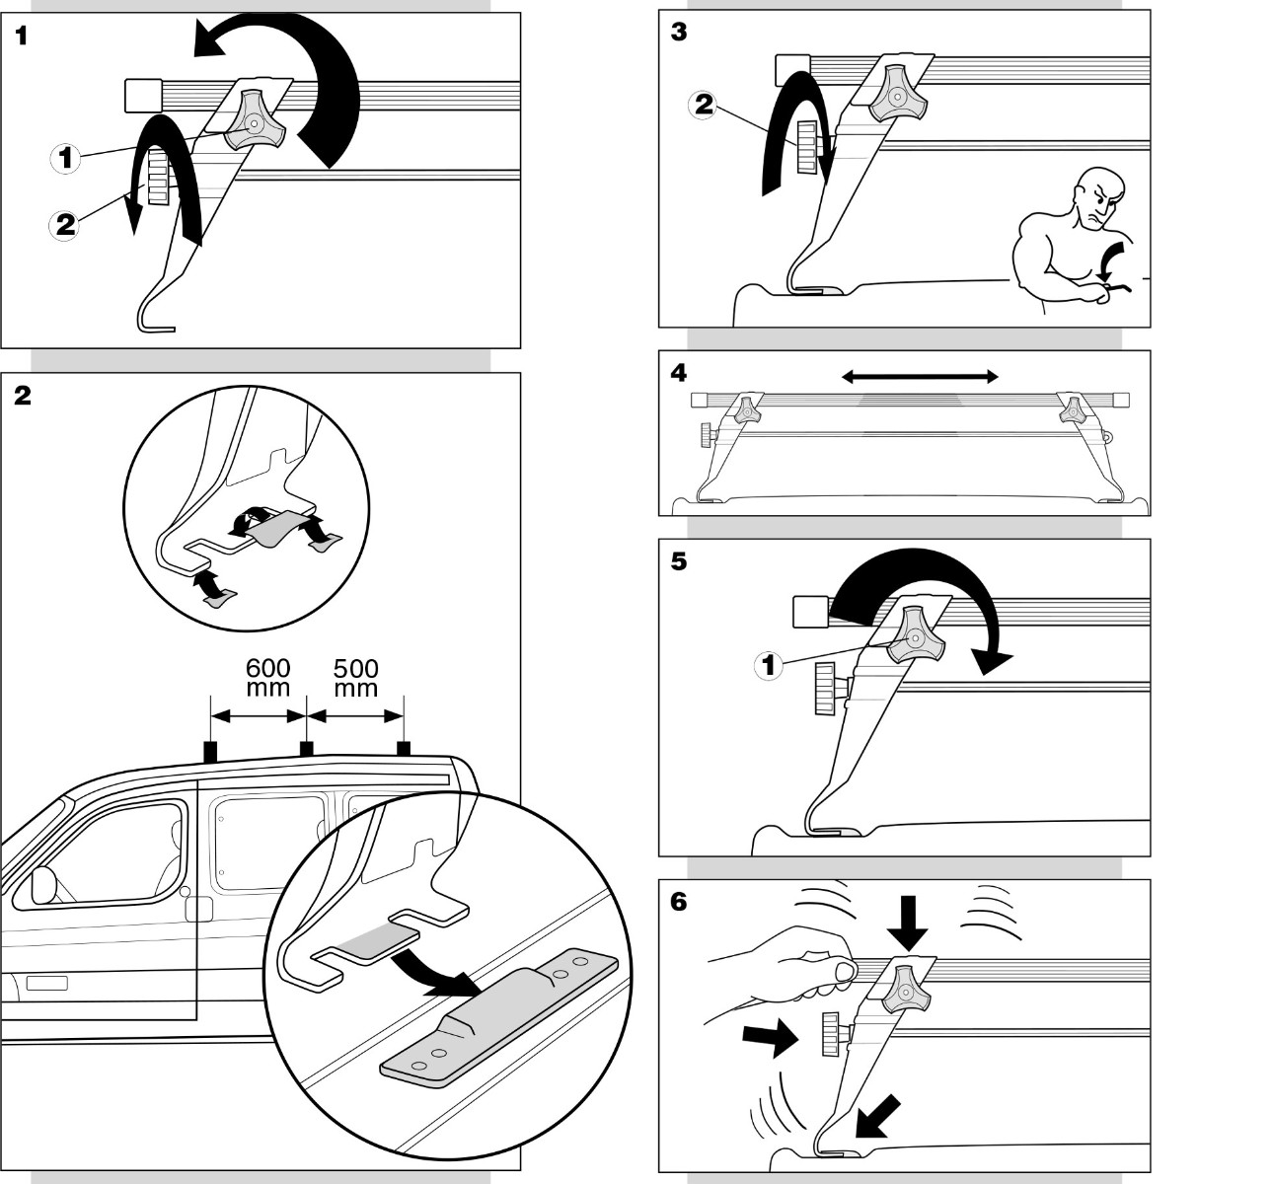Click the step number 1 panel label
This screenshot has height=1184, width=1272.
coord(21,36)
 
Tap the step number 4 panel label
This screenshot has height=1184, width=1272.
coord(678,373)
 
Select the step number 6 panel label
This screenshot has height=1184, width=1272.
coord(678,903)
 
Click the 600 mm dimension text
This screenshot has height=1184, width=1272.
coord(267,678)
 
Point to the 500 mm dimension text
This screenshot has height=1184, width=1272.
coord(355,678)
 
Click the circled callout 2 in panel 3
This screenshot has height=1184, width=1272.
coord(704,105)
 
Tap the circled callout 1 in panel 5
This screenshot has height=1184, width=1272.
coord(769,665)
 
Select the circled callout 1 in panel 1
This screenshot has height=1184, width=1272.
coord(65,158)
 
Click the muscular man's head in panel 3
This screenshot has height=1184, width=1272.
coord(1100,196)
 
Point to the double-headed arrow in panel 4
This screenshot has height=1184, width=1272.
coord(920,376)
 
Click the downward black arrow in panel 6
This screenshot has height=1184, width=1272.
coord(908,923)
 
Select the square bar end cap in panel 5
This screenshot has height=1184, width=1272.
coord(811,612)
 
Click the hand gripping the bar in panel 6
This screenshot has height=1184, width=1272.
coord(791,968)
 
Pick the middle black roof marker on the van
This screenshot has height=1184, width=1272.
coord(306,748)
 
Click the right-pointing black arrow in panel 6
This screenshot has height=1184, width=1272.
coord(771,1038)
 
